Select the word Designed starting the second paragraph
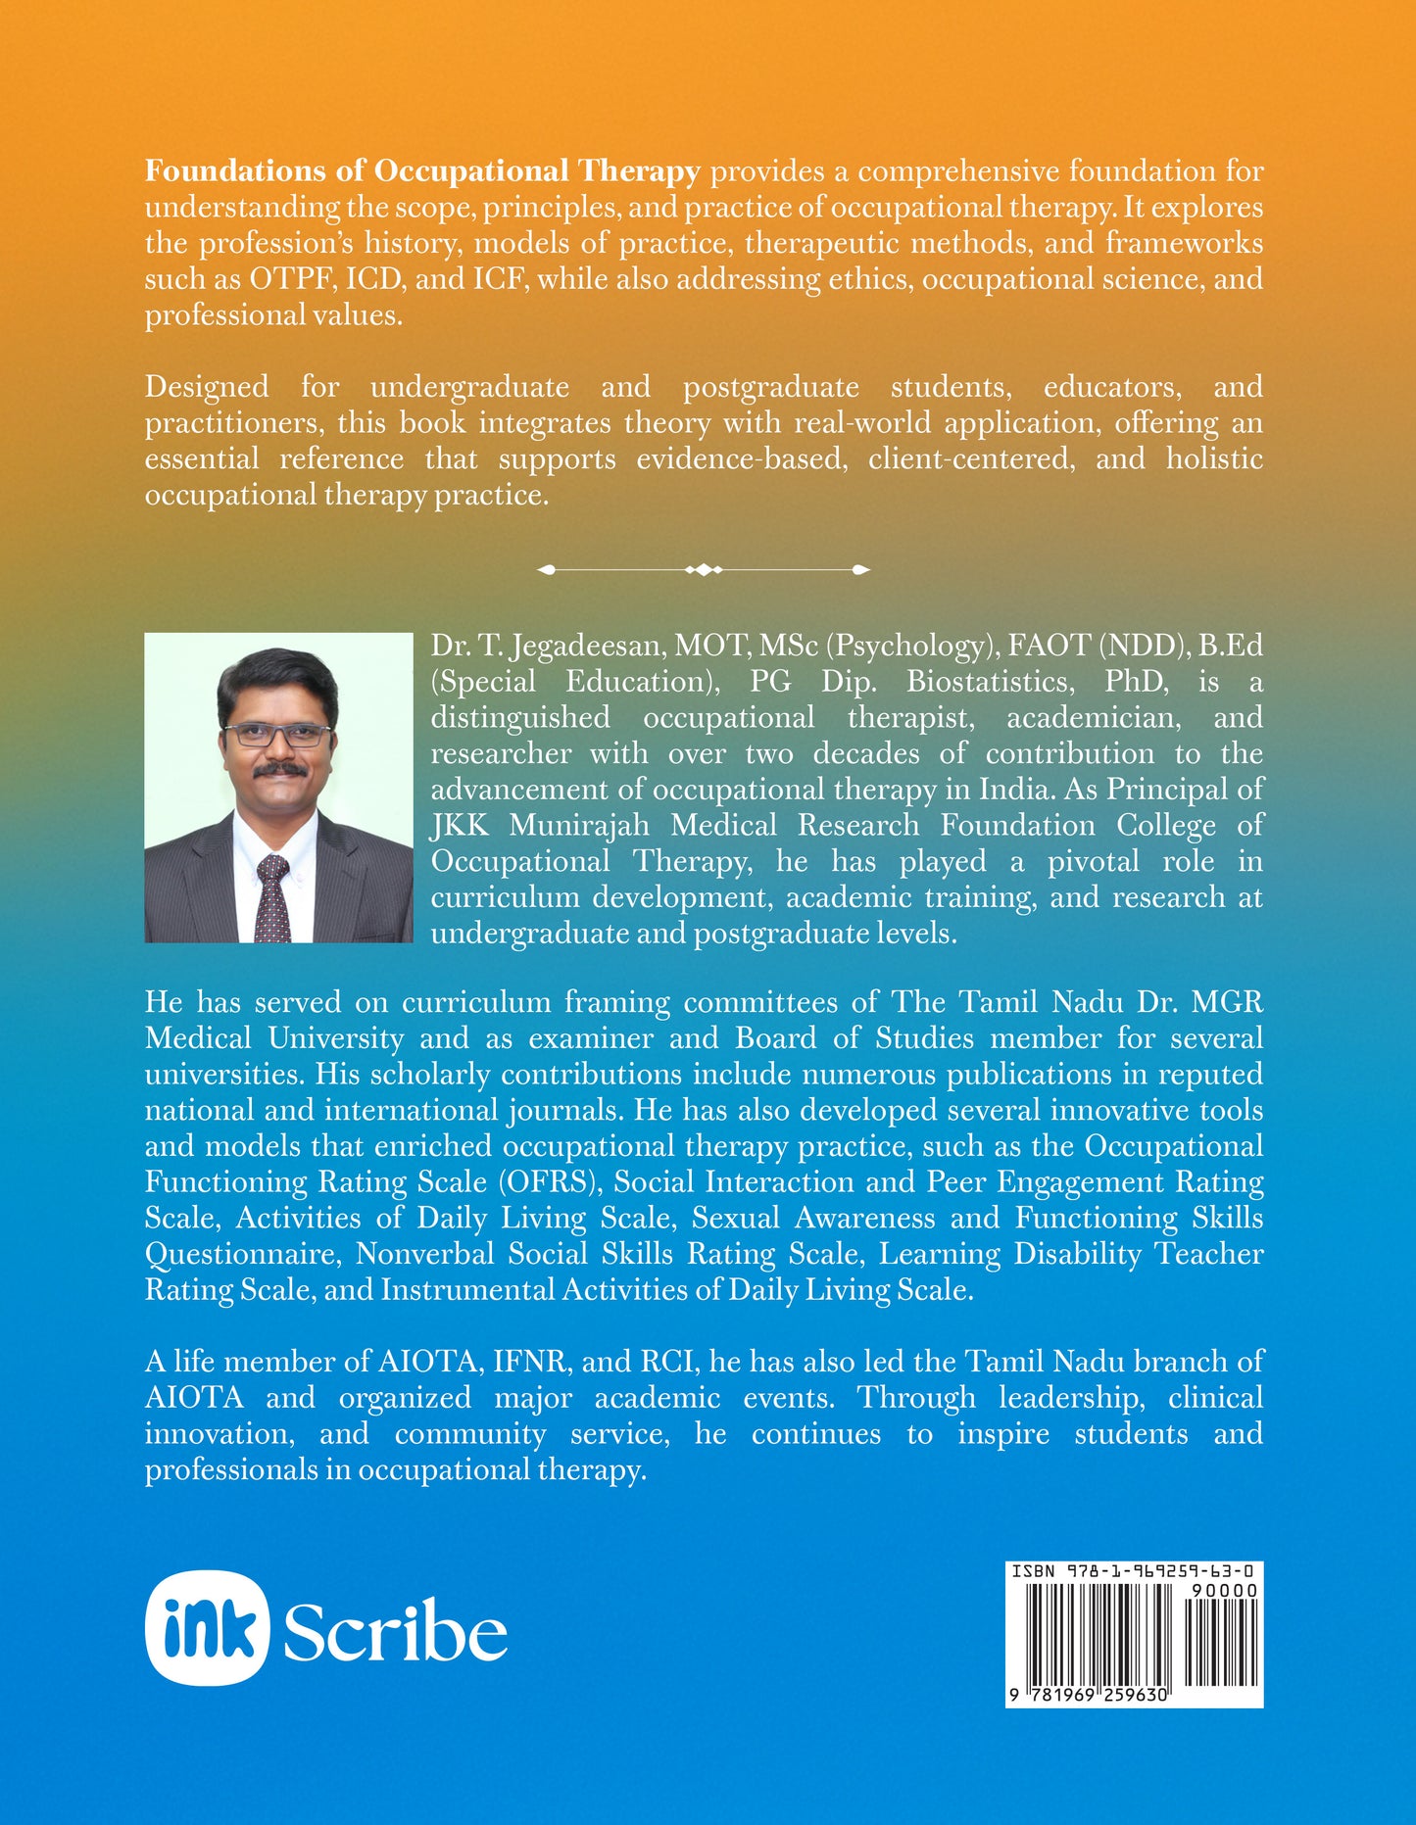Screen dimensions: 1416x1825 207,387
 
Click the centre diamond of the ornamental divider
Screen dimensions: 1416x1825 704,569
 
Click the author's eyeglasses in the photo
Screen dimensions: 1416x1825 278,735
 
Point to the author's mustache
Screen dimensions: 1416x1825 280,770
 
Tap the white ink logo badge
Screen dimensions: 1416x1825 207,1628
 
